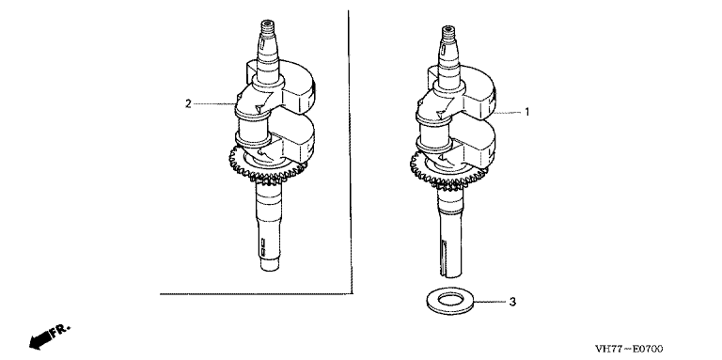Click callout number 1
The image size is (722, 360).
tap(527, 112)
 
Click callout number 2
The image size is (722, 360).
tap(188, 103)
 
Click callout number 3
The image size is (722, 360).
tap(512, 302)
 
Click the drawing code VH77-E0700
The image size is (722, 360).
tap(629, 349)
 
